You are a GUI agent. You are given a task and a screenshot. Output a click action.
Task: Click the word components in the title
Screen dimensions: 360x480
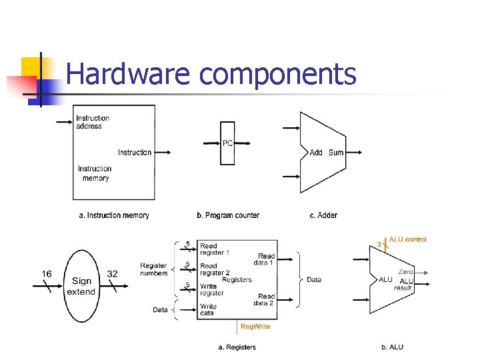pyautogui.click(x=278, y=75)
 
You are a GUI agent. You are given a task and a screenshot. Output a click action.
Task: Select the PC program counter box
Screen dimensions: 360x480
pyautogui.click(x=228, y=143)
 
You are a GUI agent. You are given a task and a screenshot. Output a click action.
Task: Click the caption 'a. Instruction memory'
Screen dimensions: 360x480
pyautogui.click(x=114, y=215)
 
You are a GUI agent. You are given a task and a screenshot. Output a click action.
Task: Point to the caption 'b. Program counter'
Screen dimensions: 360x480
pyautogui.click(x=228, y=215)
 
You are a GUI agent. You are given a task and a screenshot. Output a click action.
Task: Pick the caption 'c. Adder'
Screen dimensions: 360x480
pyautogui.click(x=323, y=215)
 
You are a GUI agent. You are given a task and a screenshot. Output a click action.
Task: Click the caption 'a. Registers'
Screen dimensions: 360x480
pyautogui.click(x=237, y=347)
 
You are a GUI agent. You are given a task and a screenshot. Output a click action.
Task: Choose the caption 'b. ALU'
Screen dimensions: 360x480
pyautogui.click(x=392, y=347)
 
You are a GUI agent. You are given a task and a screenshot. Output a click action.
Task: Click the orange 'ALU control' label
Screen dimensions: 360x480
pyautogui.click(x=407, y=239)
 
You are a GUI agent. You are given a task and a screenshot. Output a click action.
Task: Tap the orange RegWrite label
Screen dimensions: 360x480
pyautogui.click(x=255, y=327)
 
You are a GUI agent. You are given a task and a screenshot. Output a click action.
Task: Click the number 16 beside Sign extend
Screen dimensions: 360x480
pyautogui.click(x=47, y=274)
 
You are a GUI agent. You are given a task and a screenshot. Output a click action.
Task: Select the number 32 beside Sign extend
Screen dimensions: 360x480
pyautogui.click(x=112, y=274)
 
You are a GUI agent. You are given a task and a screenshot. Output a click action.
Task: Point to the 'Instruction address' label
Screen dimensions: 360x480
pyautogui.click(x=93, y=122)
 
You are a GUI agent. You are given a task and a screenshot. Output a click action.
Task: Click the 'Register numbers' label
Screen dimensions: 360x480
pyautogui.click(x=153, y=269)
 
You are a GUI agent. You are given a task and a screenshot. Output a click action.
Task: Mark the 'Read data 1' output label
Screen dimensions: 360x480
pyautogui.click(x=266, y=259)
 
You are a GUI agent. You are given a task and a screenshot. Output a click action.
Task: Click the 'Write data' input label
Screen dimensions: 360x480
pyautogui.click(x=209, y=310)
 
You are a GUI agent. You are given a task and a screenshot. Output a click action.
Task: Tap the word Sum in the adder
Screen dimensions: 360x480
pyautogui.click(x=336, y=153)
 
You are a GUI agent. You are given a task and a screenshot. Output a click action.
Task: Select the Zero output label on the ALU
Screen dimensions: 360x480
pyautogui.click(x=405, y=272)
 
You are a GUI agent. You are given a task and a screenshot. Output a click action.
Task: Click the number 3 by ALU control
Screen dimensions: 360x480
pyautogui.click(x=379, y=245)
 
